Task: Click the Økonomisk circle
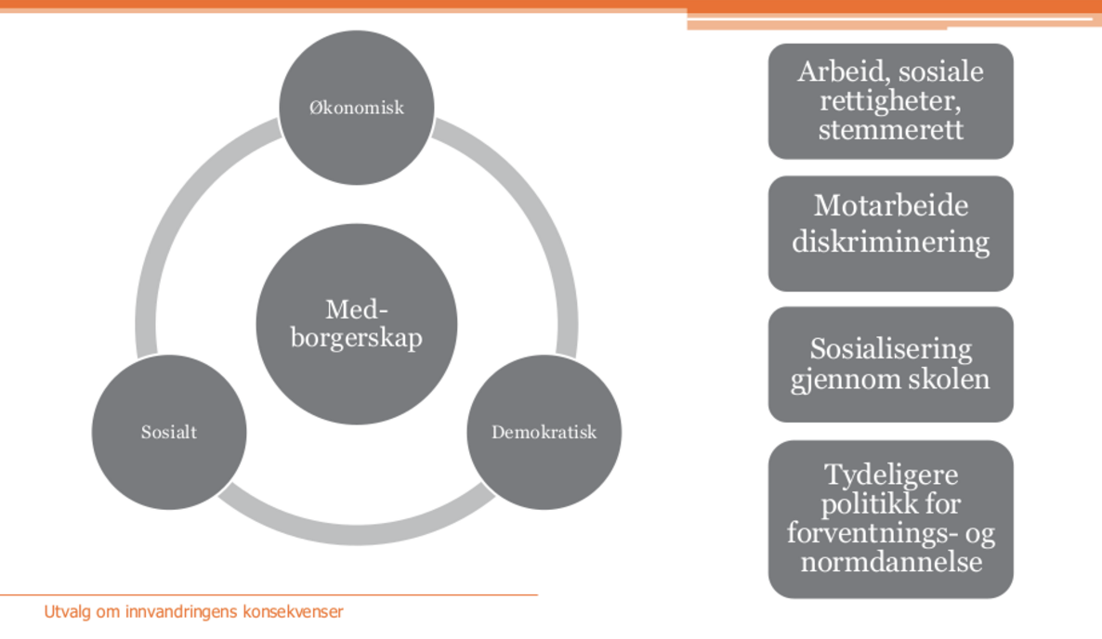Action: pos(356,108)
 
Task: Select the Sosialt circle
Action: pos(169,432)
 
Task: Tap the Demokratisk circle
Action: pos(544,432)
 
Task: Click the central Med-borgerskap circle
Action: pos(356,324)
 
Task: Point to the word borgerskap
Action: pos(356,338)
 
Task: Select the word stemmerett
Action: pos(890,130)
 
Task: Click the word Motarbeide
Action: pos(890,206)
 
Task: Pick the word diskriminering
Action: pos(890,242)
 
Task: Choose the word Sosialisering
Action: pos(890,349)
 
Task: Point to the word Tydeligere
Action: pos(890,476)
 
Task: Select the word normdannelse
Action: pos(891,562)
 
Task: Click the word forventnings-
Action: pos(872,533)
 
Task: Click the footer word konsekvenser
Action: pos(293,612)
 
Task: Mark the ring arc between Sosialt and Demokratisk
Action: pos(356,534)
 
